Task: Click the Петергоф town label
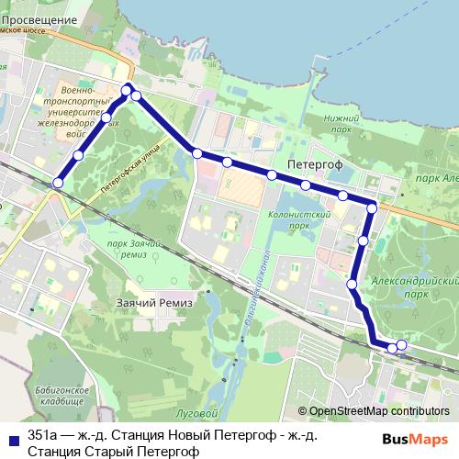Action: [x=314, y=162]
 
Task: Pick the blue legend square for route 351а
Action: [x=11, y=436]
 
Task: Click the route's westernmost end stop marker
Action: [x=58, y=183]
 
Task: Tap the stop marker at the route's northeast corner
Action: [x=372, y=208]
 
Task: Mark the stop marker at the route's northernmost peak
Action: [x=127, y=89]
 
